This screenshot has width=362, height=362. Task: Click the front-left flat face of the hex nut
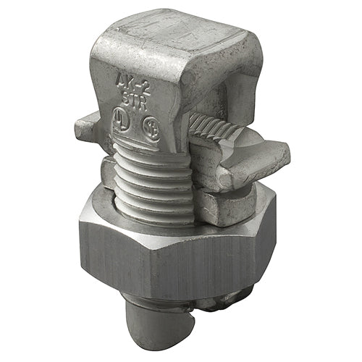(x=119, y=253)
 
